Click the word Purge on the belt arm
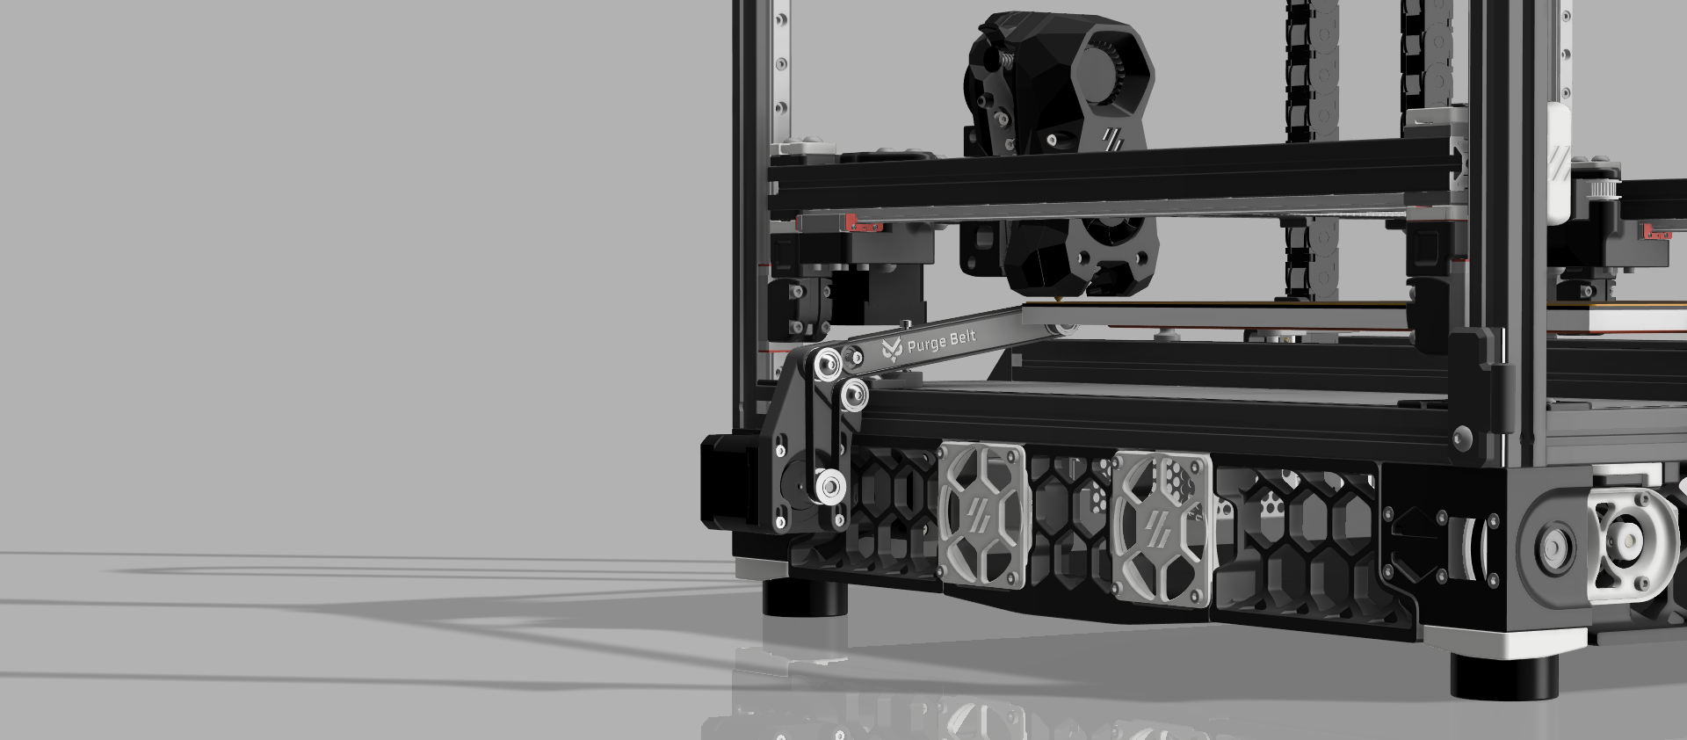(x=924, y=344)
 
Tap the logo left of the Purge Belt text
(x=891, y=350)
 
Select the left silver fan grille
(x=982, y=515)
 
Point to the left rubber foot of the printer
(x=804, y=598)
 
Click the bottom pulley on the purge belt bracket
(x=829, y=483)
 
